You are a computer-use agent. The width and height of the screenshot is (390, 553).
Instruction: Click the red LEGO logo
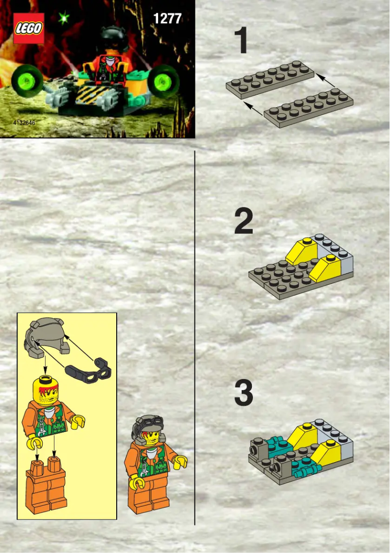[x=29, y=28]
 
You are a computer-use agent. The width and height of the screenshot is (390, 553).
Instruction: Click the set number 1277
[x=167, y=18]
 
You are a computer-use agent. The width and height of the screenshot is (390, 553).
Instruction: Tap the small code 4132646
[x=24, y=122]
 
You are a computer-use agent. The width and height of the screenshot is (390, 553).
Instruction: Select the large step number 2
[x=244, y=222]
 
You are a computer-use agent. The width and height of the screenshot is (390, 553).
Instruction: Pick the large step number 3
[x=244, y=394]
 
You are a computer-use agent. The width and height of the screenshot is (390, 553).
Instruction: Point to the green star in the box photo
[x=63, y=18]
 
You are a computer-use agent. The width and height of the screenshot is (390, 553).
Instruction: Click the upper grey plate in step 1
[x=270, y=80]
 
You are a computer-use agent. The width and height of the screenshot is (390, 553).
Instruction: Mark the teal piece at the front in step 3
[x=305, y=466]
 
